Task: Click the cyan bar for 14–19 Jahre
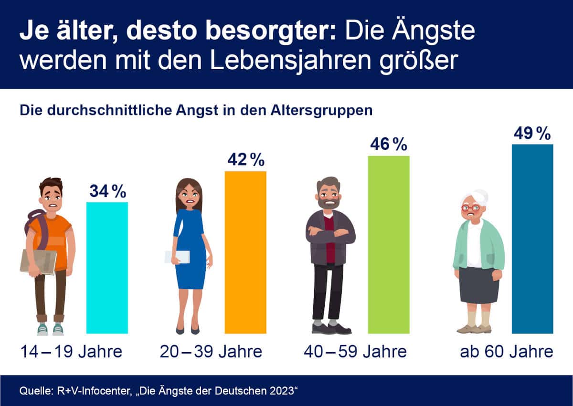pos(107,268)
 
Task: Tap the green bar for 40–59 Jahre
pos(389,244)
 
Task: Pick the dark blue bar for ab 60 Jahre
pos(532,239)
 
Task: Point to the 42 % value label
pos(246,160)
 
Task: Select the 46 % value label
pos(389,145)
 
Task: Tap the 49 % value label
pos(532,134)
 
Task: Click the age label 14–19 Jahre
pos(72,352)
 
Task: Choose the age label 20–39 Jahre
pos(211,352)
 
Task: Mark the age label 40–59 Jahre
pos(355,352)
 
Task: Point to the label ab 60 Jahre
pos(506,352)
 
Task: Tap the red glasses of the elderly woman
pos(470,208)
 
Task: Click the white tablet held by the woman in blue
pos(178,257)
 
